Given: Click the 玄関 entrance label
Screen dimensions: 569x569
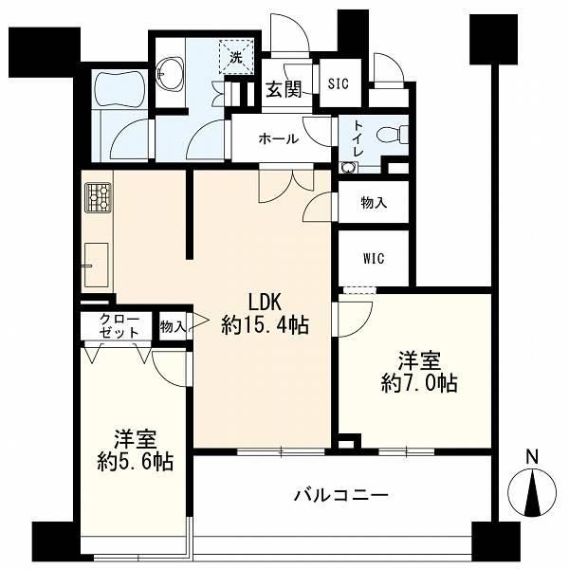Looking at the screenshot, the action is tap(284, 89).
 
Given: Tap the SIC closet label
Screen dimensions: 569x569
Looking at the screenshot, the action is tap(338, 83).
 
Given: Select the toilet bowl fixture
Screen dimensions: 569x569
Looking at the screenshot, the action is tap(392, 135).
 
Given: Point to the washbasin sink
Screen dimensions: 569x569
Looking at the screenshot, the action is tap(171, 74).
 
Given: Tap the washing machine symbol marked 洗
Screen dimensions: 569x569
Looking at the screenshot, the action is tap(236, 57).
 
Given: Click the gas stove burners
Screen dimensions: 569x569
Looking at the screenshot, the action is tap(98, 197).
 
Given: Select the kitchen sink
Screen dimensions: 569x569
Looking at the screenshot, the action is tap(96, 266).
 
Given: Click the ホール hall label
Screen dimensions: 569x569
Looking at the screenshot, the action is tap(278, 138).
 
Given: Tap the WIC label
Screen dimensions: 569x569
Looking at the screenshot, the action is tap(374, 259).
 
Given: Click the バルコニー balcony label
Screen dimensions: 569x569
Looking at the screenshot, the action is tap(341, 495).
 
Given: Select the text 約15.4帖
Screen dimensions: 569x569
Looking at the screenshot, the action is tap(266, 325).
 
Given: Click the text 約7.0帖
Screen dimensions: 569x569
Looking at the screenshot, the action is tap(419, 383).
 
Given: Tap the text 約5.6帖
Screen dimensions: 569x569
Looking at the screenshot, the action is tap(135, 462).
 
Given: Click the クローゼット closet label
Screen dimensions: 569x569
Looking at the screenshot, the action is tap(119, 326).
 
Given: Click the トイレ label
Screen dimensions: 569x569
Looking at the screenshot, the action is tap(358, 138).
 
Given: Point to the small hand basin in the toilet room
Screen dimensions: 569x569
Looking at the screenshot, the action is tap(349, 167).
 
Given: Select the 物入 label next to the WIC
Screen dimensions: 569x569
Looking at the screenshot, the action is tap(375, 203).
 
